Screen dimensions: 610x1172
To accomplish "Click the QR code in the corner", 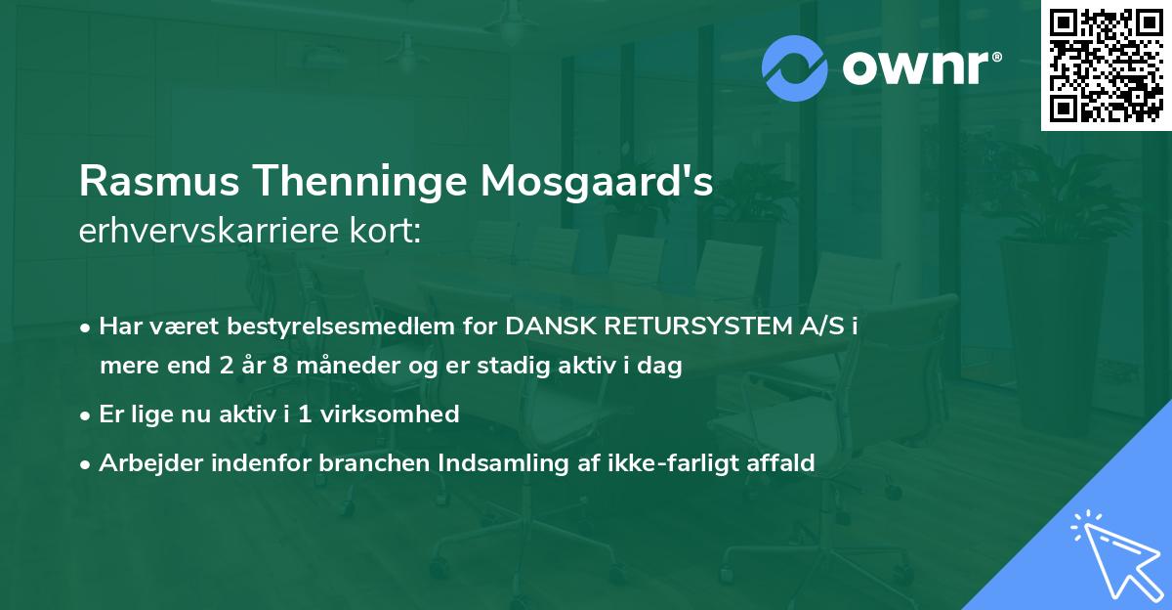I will pos(1105,65).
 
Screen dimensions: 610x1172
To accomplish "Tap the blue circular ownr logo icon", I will pos(795,67).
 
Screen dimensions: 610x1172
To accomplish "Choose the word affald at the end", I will pos(780,463).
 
